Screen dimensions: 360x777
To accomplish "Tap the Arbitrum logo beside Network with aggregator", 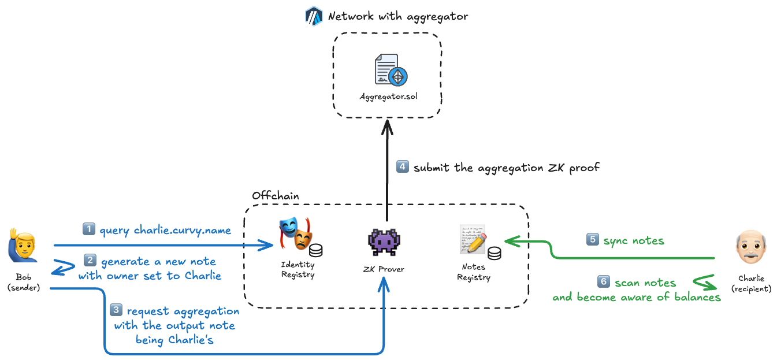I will tap(313, 16).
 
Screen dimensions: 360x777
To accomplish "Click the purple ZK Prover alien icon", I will tap(384, 243).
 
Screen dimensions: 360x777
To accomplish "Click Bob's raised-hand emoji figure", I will tap(21, 245).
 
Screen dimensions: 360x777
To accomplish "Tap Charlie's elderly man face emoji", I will tap(750, 247).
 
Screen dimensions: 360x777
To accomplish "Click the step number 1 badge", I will tap(88, 229).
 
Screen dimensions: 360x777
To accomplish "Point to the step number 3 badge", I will tap(116, 310).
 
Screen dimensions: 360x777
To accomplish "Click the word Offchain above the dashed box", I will tap(276, 195).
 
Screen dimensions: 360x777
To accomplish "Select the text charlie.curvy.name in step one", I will tap(182, 231).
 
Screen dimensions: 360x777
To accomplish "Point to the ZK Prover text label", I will tap(384, 269).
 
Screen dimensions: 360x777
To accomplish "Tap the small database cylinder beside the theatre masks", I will tap(315, 250).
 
